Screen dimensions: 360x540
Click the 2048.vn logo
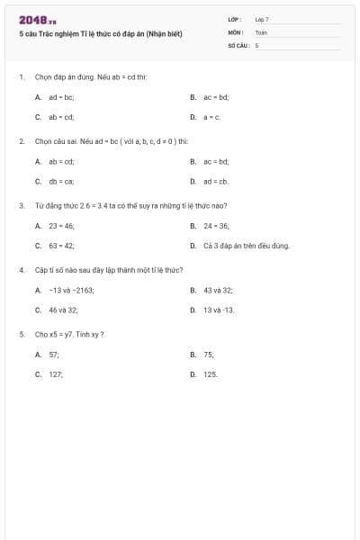37,20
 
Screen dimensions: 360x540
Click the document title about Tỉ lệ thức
100,34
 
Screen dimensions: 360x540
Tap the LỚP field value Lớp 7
262,19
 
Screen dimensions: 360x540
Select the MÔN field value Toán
261,31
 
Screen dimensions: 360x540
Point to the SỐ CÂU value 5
256,44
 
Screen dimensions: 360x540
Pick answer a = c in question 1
211,117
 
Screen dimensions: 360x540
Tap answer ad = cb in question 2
217,181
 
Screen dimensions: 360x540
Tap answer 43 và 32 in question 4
218,290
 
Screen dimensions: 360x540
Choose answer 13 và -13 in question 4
219,310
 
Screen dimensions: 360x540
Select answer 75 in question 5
209,355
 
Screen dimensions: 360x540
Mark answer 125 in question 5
211,373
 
